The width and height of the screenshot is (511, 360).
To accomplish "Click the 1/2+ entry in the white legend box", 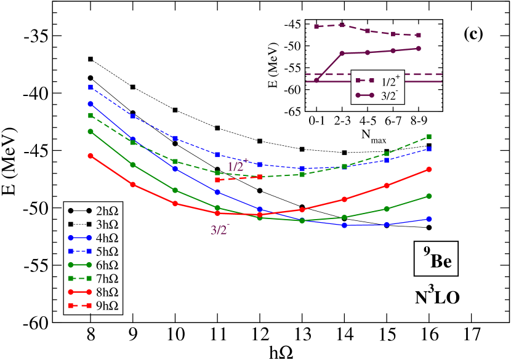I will (377, 82).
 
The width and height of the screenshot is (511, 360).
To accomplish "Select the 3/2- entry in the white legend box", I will (377, 95).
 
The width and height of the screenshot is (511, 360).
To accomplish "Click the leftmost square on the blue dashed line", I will (91, 87).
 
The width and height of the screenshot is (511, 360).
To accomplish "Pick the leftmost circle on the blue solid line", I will (91, 104).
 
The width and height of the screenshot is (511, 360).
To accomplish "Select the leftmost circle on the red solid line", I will (91, 156).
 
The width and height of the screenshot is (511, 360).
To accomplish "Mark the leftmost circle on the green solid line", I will (91, 131).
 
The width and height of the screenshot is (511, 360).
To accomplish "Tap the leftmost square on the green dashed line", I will (91, 115).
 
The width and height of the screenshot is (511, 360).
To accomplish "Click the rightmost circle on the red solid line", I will (429, 169).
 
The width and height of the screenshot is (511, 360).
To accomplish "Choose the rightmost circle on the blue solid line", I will (429, 219).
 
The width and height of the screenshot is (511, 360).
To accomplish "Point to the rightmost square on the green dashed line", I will (429, 137).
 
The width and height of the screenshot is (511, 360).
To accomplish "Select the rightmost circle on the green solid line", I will (429, 196).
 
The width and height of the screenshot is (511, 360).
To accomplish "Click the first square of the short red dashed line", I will (217, 180).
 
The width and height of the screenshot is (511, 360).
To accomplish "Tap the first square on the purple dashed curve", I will (316, 26).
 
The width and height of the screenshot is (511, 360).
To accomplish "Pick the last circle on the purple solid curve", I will (419, 49).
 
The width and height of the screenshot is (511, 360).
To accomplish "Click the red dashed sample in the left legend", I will (80, 306).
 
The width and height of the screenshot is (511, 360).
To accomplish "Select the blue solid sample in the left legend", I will (80, 238).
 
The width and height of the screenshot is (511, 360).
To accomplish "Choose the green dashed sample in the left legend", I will (80, 278).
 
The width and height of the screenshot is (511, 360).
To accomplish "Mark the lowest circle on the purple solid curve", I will (316, 80).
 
